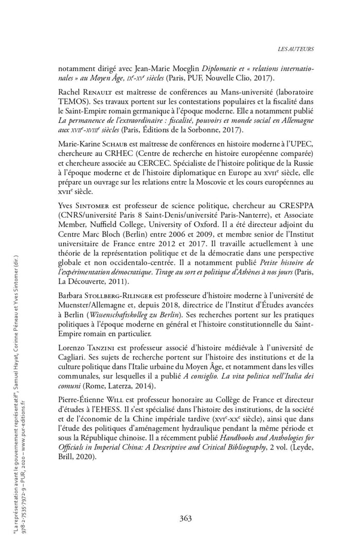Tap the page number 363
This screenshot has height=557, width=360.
[186, 518]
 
